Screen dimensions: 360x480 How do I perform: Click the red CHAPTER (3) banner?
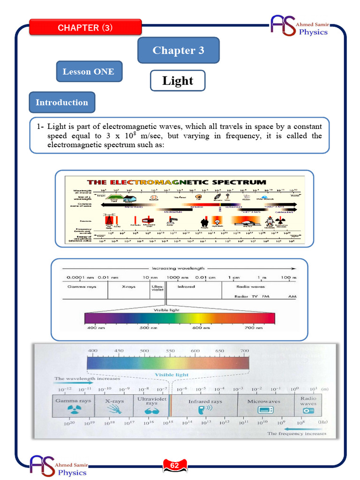click(85, 28)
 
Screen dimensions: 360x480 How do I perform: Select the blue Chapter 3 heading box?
click(178, 51)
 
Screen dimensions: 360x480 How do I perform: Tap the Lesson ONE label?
click(89, 72)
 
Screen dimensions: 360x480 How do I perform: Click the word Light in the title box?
click(178, 81)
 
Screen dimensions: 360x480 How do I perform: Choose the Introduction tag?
click(62, 102)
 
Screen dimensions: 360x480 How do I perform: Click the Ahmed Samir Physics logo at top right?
click(300, 26)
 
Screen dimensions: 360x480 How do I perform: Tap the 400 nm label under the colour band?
click(92, 328)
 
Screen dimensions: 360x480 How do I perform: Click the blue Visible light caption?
click(172, 375)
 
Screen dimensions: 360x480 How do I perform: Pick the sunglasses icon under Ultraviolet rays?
click(151, 409)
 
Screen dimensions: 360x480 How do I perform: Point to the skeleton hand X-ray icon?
click(114, 409)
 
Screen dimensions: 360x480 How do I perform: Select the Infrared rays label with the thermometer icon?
click(205, 402)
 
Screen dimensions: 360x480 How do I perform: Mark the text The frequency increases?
click(296, 434)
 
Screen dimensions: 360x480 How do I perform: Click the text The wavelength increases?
click(87, 378)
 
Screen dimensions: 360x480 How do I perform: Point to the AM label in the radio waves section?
click(292, 297)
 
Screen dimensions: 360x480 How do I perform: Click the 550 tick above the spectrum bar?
click(170, 351)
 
